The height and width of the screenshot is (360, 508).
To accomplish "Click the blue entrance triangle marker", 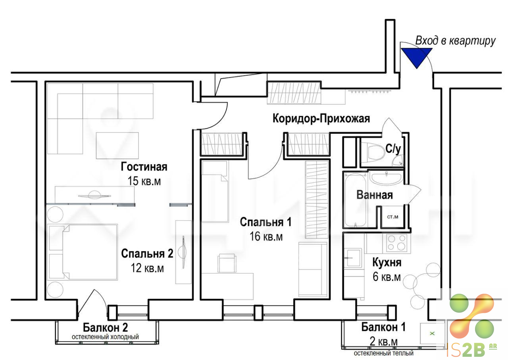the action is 416,57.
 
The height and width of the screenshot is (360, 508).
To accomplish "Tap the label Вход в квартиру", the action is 455,41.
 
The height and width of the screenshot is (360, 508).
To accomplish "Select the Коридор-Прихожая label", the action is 321,118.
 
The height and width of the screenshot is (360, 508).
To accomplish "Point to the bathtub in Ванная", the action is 355,200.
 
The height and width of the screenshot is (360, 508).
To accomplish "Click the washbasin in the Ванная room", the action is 385,178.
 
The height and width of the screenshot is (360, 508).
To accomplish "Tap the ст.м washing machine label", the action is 393,217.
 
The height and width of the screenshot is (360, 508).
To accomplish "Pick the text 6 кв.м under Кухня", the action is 387,277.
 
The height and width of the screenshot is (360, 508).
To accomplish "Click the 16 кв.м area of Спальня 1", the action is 266,237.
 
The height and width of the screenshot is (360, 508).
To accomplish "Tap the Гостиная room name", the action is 144,167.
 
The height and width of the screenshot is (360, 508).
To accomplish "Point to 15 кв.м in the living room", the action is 144,181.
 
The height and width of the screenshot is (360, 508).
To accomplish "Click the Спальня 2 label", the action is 147,254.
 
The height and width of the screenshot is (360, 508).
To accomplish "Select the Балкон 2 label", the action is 106,327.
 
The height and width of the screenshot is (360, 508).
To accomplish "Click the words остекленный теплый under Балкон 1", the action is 384,353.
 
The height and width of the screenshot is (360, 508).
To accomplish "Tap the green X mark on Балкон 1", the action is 432,333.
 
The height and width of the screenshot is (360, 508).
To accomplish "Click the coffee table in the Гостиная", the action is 117,145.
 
